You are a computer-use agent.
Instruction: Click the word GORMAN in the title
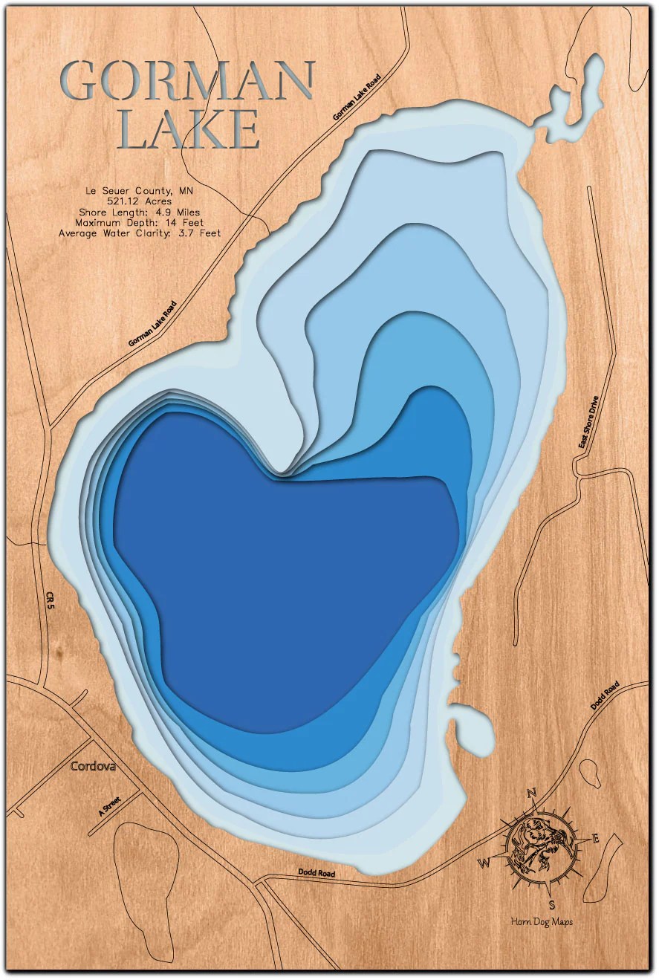pos(187,81)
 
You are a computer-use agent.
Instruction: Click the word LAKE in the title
pos(189,130)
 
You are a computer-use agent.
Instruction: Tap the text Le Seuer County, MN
pos(139,191)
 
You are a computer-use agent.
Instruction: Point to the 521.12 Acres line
pos(139,201)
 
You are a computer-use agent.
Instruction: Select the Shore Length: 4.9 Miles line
pos(139,212)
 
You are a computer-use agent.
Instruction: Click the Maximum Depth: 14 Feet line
pos(139,222)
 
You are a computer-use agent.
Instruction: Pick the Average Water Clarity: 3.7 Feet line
pos(139,233)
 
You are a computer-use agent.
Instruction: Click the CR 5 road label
pos(50,600)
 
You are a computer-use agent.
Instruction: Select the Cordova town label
pos(93,766)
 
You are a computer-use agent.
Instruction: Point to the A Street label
pos(109,805)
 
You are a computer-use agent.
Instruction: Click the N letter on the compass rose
pos(532,794)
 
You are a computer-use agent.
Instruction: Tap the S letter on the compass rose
pos(552,904)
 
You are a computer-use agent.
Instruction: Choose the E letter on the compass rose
pos(595,839)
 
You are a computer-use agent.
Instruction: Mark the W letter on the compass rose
pos(484,863)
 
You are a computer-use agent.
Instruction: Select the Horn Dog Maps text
pos(542,922)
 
